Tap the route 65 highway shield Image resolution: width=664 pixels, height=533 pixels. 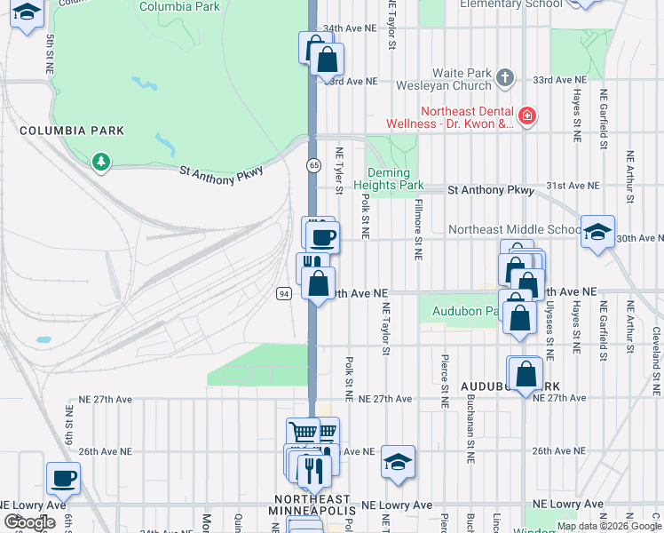click(314, 166)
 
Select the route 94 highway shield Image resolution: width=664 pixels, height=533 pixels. click(282, 294)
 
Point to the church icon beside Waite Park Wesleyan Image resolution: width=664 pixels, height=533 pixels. click(505, 76)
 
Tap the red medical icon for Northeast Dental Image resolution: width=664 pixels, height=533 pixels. click(526, 115)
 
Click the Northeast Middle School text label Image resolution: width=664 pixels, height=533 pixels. click(514, 229)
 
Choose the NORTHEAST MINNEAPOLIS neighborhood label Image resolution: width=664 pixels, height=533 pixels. click(312, 505)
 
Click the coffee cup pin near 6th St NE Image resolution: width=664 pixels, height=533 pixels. click(63, 479)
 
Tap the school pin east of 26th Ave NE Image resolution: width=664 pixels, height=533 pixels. click(399, 460)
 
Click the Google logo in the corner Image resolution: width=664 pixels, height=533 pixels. click(29, 522)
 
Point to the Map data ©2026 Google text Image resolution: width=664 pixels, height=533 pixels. click(609, 526)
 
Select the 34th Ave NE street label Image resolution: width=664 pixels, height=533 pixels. click(351, 28)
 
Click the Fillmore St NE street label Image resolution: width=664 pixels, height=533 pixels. click(416, 230)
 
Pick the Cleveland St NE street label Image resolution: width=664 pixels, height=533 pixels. click(655, 361)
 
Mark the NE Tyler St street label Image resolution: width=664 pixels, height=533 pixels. click(338, 168)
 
